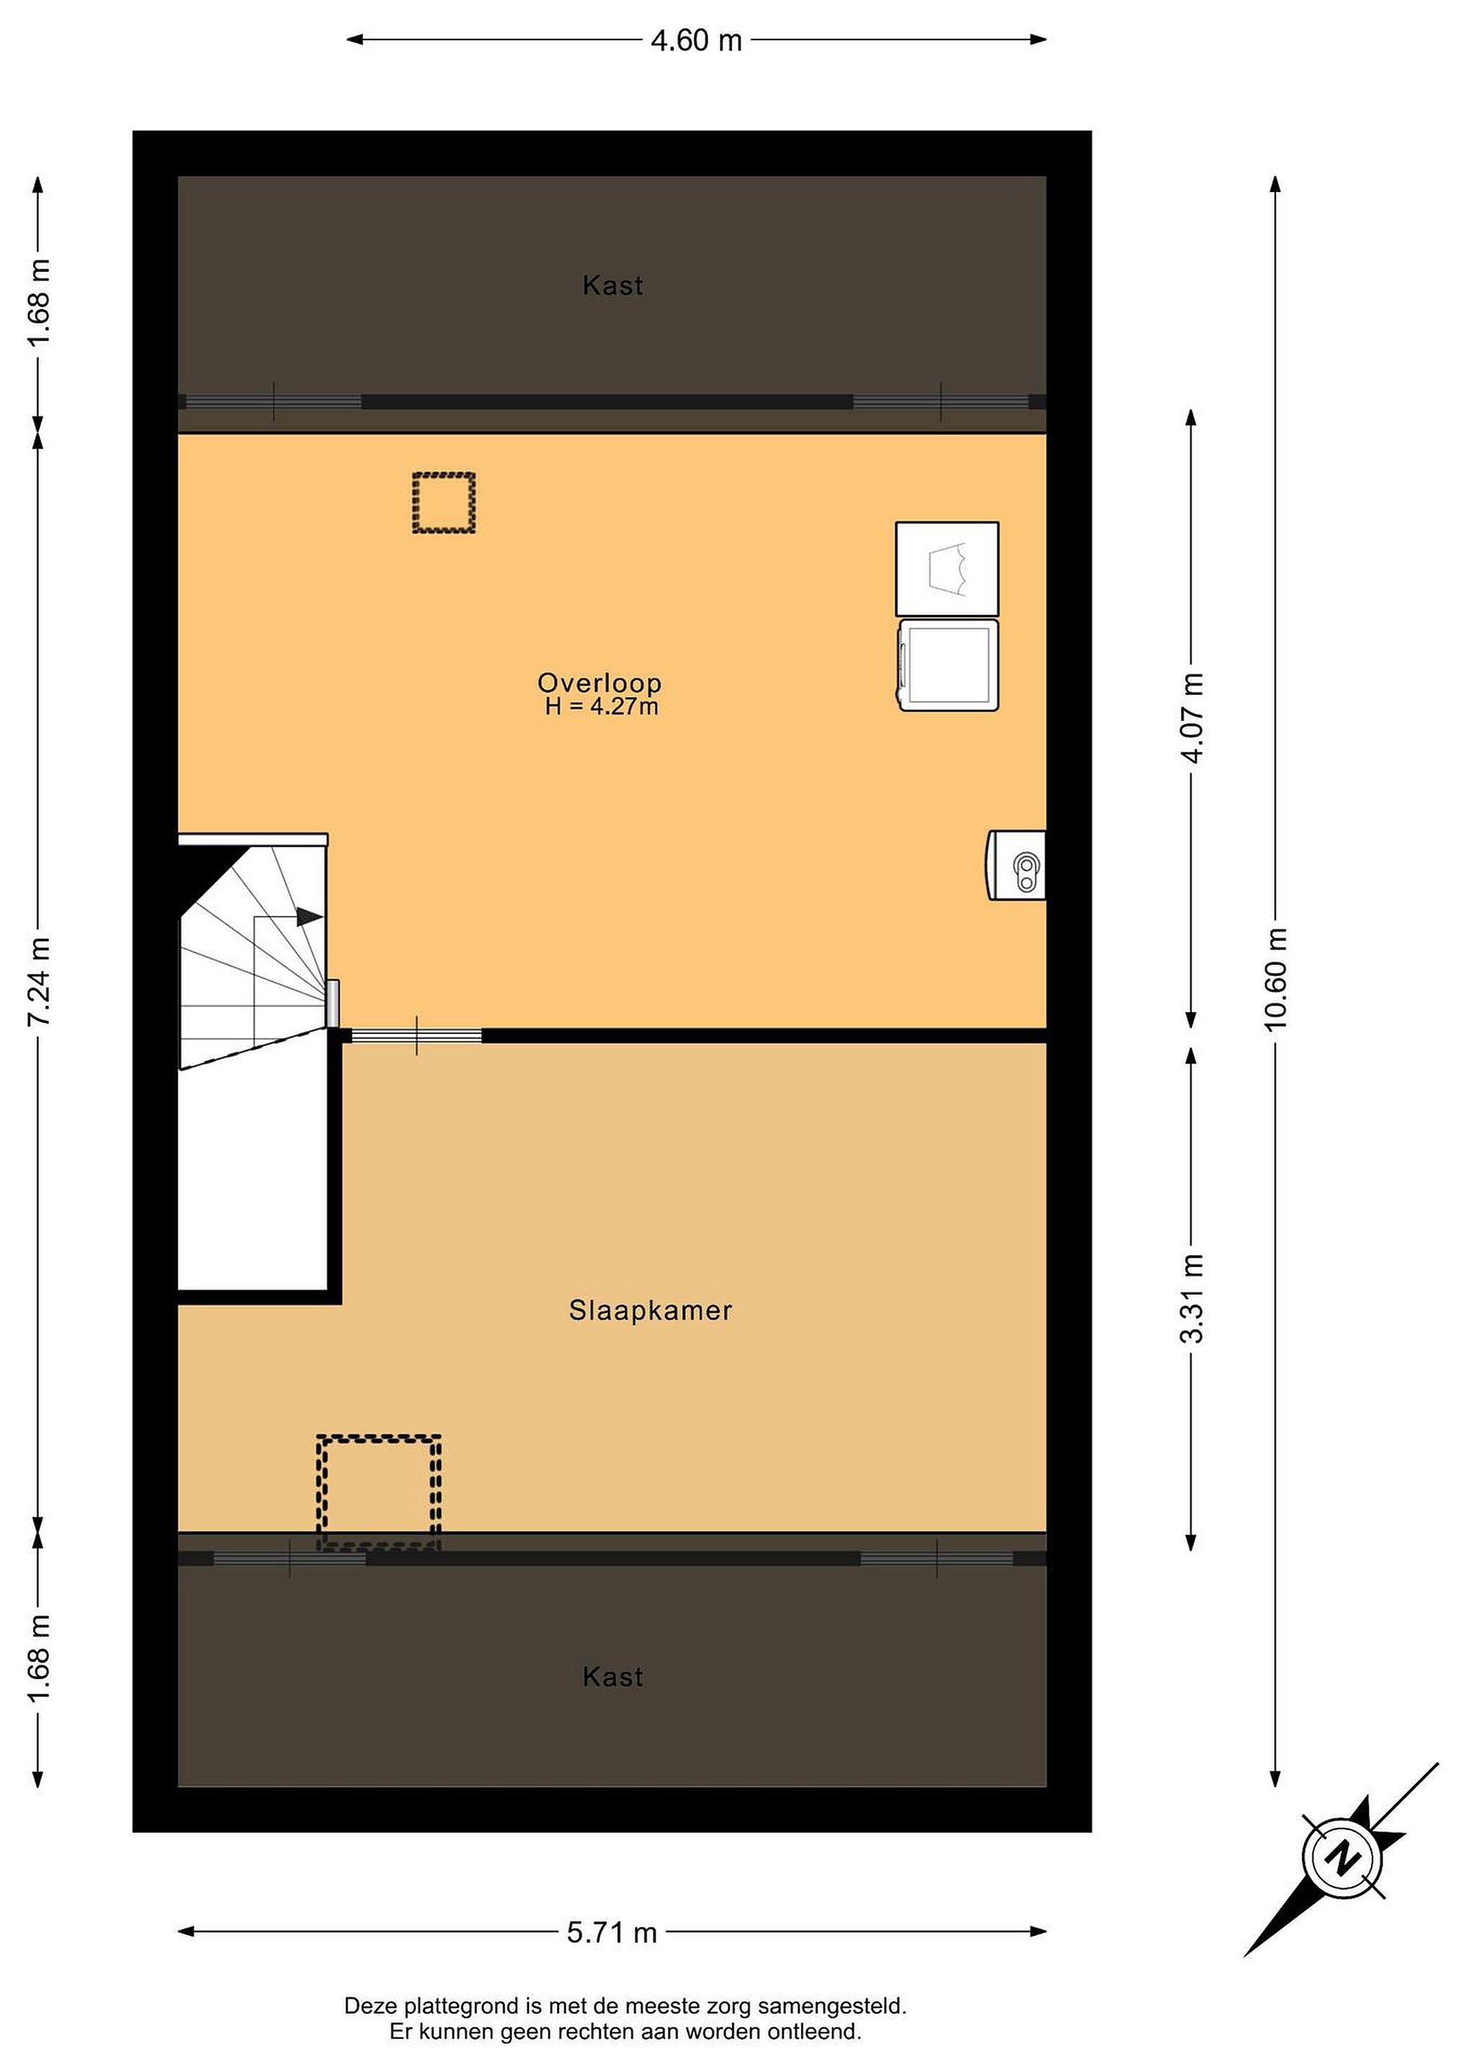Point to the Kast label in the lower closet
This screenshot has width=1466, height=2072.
coord(613,1677)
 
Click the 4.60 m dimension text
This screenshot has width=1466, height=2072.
coord(696,40)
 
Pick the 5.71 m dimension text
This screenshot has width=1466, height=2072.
coord(612,1932)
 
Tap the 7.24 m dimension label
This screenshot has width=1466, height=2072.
coord(39,981)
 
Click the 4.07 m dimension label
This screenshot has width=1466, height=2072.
coord(1193,718)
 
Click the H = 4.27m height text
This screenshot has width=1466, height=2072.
coord(601,706)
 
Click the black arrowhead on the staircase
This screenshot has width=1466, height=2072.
coord(309,917)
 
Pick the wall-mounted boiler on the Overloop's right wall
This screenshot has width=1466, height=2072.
coord(1015,865)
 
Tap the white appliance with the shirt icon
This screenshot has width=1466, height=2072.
coord(947,568)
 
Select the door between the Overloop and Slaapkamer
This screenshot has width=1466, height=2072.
coord(416,1035)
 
